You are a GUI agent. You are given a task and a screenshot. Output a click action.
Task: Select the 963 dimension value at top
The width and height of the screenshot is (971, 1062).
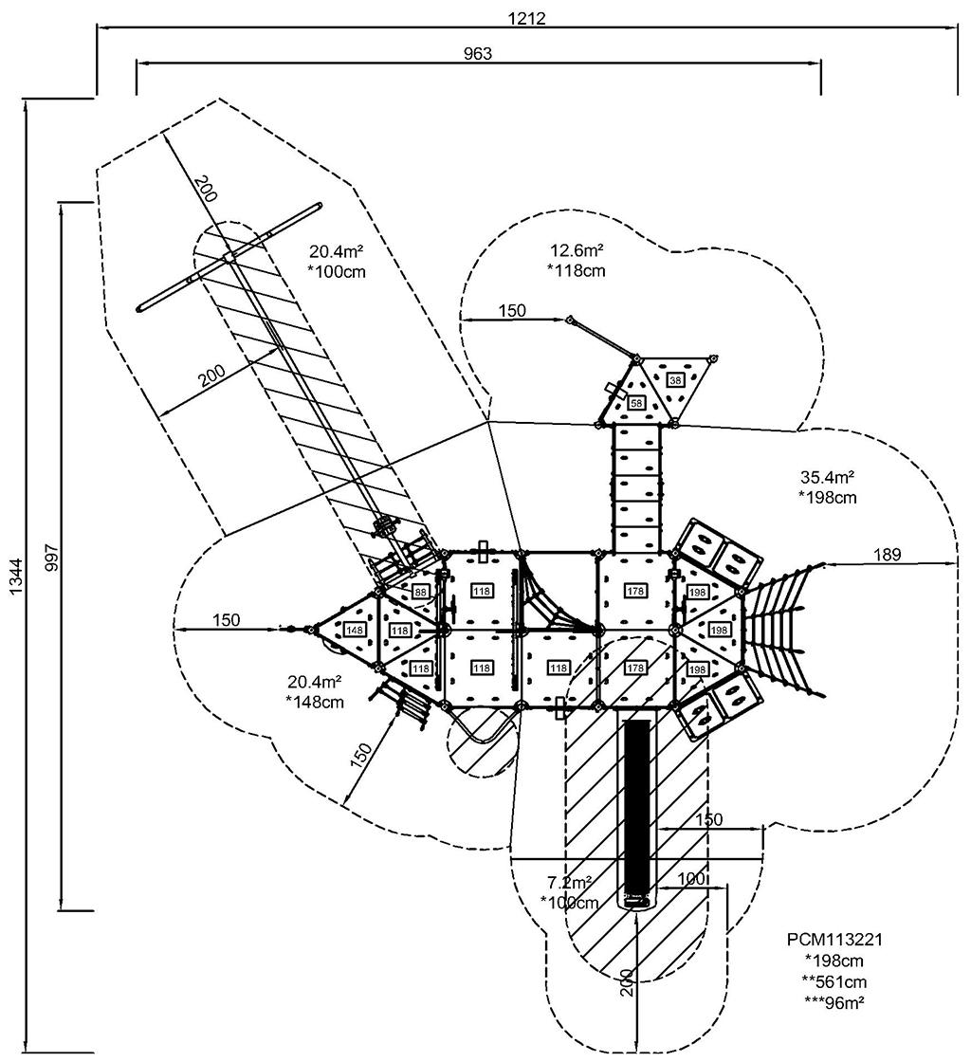tap(478, 53)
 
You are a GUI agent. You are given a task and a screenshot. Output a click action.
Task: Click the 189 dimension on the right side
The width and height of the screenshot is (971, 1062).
tap(889, 554)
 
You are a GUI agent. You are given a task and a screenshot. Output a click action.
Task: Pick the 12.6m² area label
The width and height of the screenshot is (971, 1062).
tap(577, 251)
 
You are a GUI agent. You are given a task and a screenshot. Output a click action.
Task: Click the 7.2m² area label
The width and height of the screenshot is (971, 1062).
tap(570, 882)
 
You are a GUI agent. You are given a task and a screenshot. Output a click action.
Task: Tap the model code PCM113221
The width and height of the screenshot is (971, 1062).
tap(834, 940)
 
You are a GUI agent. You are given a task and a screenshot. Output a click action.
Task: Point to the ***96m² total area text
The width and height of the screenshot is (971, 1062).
tap(834, 1001)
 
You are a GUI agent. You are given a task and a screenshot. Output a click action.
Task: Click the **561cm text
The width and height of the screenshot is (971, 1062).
tap(834, 981)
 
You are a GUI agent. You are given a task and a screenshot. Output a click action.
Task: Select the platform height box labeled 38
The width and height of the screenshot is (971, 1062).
tap(675, 380)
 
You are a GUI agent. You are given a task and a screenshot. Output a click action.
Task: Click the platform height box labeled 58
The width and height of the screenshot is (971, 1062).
tap(635, 403)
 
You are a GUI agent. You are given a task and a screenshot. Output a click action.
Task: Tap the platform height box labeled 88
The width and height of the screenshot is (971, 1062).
tap(421, 593)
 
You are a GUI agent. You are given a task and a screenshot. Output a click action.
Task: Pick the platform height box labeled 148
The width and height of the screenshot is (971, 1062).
tap(355, 630)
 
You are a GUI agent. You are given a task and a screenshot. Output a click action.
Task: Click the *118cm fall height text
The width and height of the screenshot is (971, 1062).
tap(576, 270)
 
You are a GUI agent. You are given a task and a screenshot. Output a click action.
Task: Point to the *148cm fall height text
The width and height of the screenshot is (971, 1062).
tap(314, 702)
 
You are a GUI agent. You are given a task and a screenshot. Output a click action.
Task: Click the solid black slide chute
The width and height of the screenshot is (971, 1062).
tap(637, 806)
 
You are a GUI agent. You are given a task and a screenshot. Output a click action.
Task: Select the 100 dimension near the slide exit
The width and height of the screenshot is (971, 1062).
tap(692, 879)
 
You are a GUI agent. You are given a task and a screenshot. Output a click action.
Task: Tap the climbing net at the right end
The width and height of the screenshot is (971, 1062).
tap(778, 621)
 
